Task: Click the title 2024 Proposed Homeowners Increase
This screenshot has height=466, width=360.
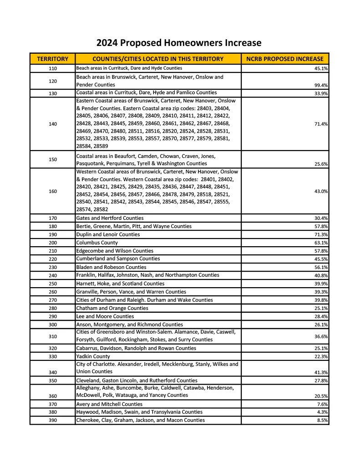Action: tap(179, 43)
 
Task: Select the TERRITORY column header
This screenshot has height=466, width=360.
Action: tap(53, 59)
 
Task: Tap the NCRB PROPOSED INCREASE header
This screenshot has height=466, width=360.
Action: tap(284, 59)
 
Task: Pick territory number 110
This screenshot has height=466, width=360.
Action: tap(53, 68)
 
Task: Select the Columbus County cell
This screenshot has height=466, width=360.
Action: tap(97, 243)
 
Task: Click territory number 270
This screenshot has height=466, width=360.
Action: tap(53, 300)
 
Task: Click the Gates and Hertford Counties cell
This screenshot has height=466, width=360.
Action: tap(110, 218)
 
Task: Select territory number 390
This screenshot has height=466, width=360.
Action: tap(53, 420)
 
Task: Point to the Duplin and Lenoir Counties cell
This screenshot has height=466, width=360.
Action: tap(108, 234)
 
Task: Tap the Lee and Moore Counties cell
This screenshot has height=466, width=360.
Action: tap(105, 316)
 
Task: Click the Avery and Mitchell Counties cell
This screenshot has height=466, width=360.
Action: tap(109, 404)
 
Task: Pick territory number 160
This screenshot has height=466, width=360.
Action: tap(53, 192)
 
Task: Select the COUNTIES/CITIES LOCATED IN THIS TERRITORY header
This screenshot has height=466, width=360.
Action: tap(158, 59)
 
